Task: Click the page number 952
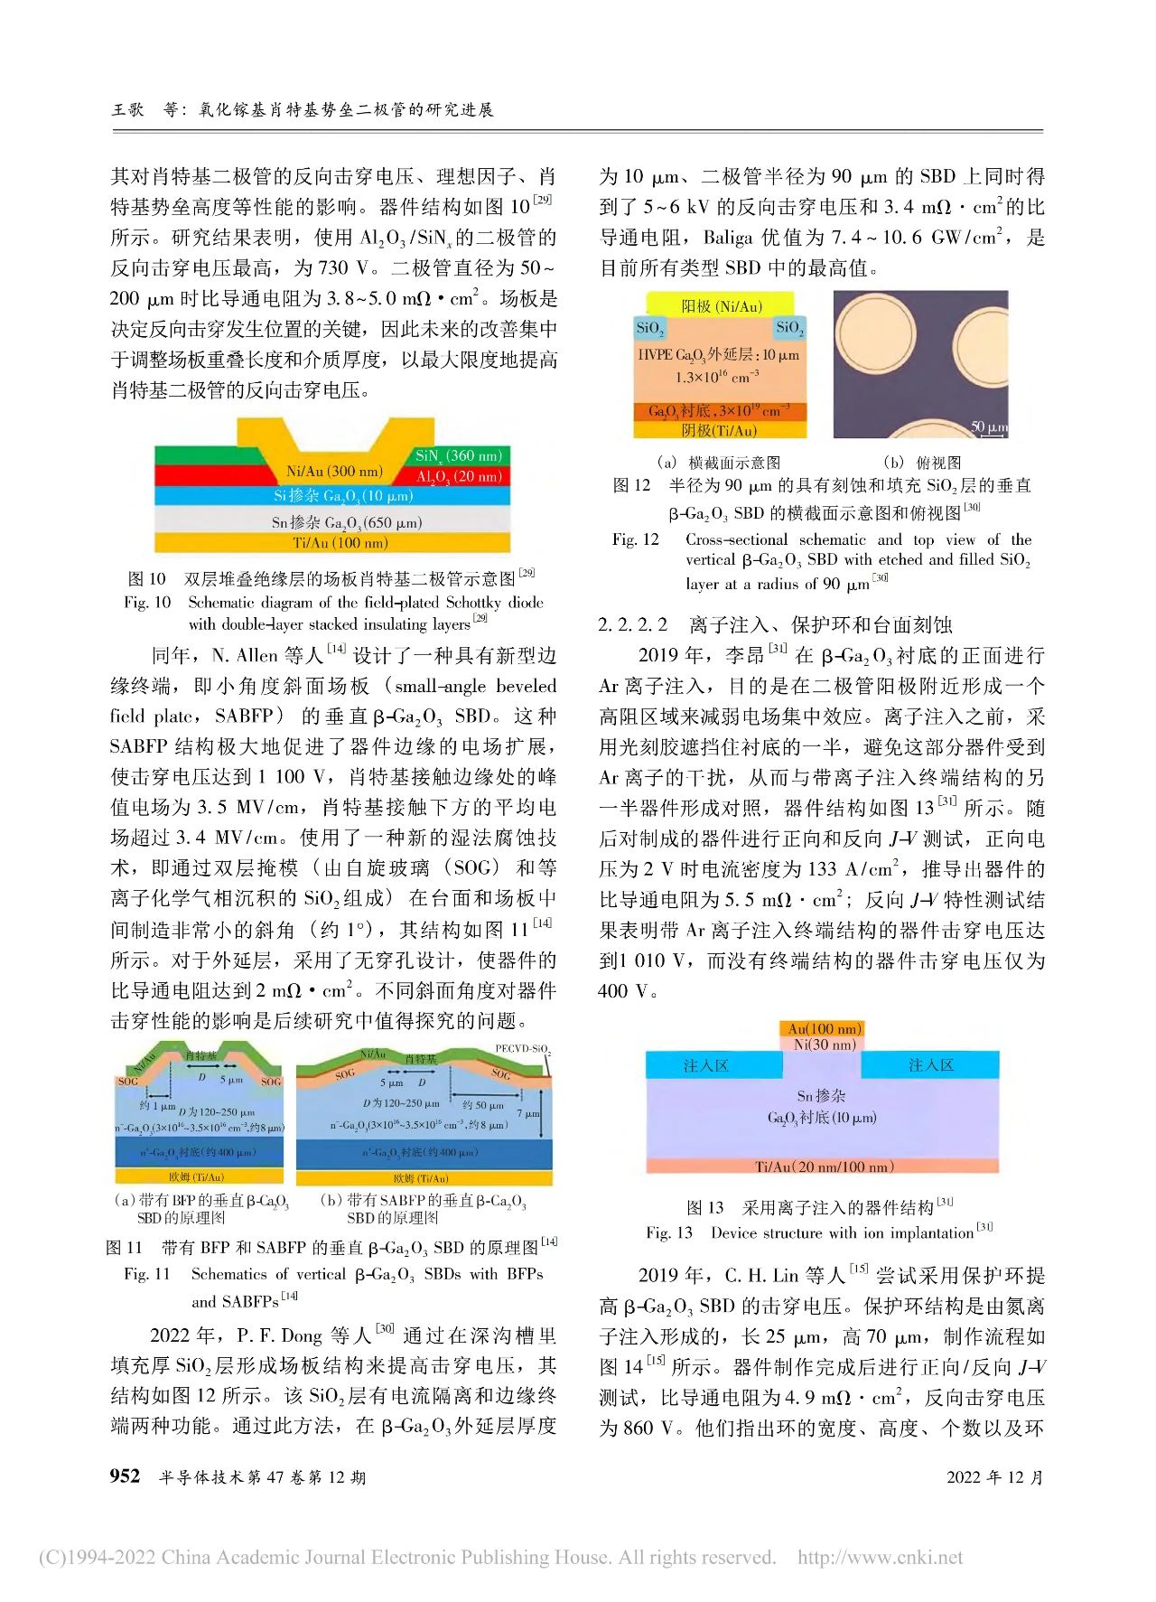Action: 125,1476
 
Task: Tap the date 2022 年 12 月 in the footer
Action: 994,1477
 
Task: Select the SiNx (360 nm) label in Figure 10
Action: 458,455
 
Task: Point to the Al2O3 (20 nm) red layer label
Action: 458,476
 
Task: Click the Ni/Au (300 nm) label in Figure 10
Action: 334,471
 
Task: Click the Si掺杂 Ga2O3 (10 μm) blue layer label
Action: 343,496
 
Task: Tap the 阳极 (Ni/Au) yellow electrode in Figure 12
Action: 721,306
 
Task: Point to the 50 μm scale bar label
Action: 988,426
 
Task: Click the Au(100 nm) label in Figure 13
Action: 825,1028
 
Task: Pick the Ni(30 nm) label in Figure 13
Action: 824,1045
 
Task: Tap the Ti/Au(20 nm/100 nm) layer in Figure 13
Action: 824,1166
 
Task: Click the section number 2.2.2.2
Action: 632,624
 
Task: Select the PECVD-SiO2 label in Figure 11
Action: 522,1049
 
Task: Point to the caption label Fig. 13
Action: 668,1232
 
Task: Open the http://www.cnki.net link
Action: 880,1557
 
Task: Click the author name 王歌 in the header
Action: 127,109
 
